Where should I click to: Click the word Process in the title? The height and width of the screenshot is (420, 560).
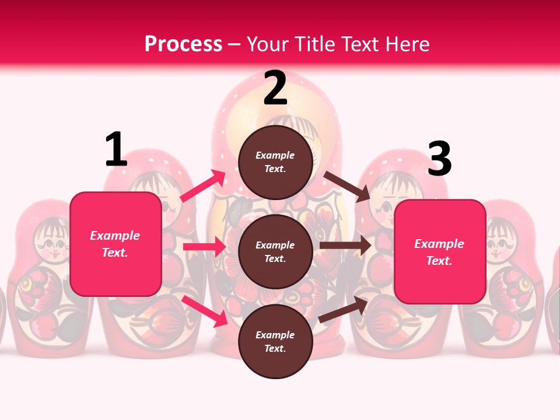(x=183, y=44)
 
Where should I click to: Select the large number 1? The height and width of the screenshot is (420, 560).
(x=116, y=150)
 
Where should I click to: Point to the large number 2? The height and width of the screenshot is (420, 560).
(x=275, y=88)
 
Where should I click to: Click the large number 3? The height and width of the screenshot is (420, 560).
(x=439, y=159)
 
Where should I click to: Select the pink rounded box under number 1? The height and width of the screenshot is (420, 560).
(x=116, y=244)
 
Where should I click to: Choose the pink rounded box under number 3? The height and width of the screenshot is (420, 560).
(x=440, y=252)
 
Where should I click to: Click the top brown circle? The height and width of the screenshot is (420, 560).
(x=275, y=162)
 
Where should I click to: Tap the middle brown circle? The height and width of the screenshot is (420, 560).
(x=275, y=251)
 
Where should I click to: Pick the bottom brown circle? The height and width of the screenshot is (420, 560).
(x=275, y=341)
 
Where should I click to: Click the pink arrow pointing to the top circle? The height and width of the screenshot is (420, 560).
(x=202, y=185)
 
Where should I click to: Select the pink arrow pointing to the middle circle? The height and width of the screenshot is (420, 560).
(x=204, y=247)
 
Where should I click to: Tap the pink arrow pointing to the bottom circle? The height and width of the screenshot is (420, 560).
(x=204, y=310)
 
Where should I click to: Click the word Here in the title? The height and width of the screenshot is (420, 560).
(x=409, y=44)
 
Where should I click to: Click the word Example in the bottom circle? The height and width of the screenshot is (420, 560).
(x=275, y=335)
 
